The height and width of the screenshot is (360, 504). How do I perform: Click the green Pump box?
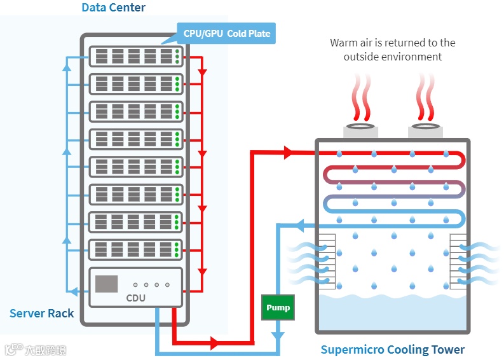tap(278, 308)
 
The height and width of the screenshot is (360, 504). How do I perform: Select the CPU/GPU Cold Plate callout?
tap(226, 33)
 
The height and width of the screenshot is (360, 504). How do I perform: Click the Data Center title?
tap(113, 8)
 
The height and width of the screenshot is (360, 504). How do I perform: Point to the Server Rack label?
tap(41, 314)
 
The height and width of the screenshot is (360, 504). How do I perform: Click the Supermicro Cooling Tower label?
tap(392, 349)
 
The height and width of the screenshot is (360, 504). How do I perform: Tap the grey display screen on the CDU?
tap(106, 284)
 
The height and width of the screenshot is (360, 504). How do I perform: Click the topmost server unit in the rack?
tap(135, 56)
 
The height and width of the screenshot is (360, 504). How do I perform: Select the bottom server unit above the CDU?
tap(135, 249)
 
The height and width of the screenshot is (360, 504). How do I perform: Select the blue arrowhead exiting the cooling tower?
tap(302, 224)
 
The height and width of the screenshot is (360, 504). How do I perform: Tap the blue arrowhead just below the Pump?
tap(278, 333)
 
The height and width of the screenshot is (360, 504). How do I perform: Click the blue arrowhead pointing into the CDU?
tap(74, 291)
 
